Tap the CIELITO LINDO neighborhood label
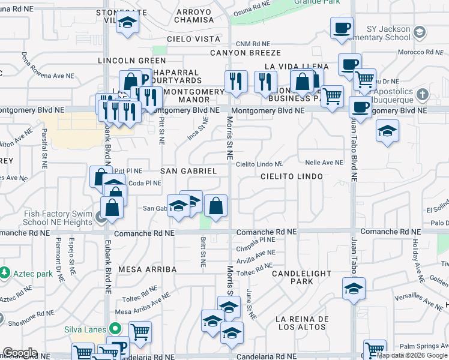click(x=292, y=176)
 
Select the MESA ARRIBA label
click(x=147, y=269)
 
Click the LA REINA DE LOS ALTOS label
click(x=301, y=323)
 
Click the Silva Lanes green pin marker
click(x=114, y=329)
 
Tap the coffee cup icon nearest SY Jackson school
click(x=342, y=28)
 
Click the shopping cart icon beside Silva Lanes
click(x=140, y=331)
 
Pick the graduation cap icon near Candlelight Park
click(x=354, y=289)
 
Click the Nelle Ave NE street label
click(x=324, y=163)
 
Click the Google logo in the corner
click(x=20, y=353)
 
